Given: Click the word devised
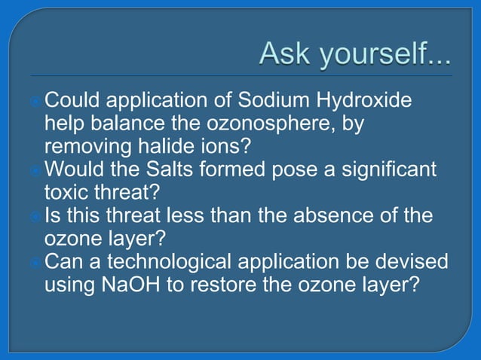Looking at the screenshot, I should [x=411, y=261].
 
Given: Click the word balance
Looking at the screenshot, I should [x=121, y=122].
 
